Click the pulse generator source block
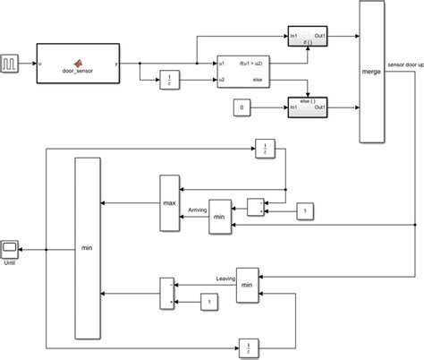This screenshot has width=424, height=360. [x=11, y=64]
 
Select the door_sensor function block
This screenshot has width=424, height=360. [x=80, y=64]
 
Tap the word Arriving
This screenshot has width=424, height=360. [x=197, y=210]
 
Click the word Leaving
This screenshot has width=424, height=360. [x=226, y=279]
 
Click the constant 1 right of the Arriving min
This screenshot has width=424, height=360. [x=306, y=211]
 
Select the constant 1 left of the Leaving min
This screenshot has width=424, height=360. [x=210, y=303]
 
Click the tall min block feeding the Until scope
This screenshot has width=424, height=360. [x=87, y=248]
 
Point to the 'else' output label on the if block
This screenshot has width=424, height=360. [x=258, y=81]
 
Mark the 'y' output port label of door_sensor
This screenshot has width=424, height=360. [x=118, y=64]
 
